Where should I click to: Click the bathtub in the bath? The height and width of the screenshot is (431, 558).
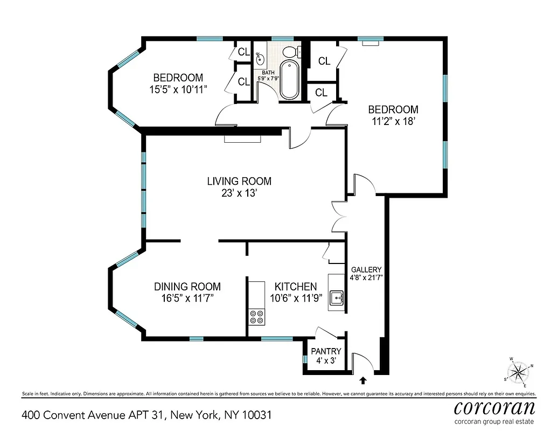[289, 81]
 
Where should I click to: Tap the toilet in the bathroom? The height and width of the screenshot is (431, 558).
[290, 52]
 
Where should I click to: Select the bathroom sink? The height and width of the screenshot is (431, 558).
[260, 58]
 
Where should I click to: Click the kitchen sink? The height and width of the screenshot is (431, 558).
[338, 297]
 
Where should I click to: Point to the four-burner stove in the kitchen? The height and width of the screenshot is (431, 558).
[257, 317]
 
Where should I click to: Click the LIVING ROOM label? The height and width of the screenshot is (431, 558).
[239, 181]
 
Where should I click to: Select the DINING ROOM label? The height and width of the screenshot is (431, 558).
[187, 287]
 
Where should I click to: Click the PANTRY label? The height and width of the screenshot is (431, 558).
[326, 351]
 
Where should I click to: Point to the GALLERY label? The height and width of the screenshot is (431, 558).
[366, 269]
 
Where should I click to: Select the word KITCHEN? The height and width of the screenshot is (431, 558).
[296, 287]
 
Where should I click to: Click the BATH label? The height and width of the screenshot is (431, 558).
[268, 73]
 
